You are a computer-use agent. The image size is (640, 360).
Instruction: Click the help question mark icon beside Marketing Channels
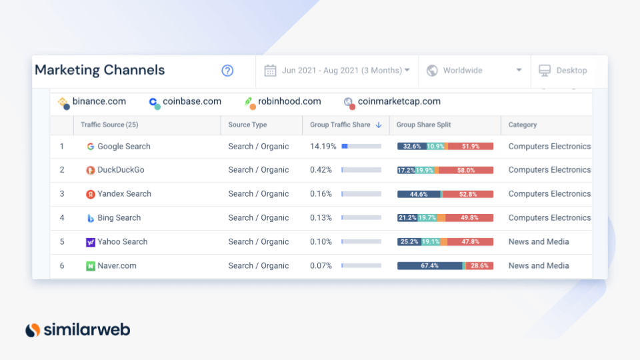pyautogui.click(x=227, y=71)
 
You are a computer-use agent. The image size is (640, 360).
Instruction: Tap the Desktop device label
pyautogui.click(x=571, y=71)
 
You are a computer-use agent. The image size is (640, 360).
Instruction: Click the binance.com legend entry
pyautogui.click(x=99, y=102)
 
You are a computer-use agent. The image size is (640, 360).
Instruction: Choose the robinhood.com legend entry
pyautogui.click(x=289, y=102)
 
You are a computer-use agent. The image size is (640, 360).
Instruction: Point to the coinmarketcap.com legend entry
pyautogui.click(x=399, y=102)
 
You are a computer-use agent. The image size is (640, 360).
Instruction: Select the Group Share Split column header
pyautogui.click(x=423, y=125)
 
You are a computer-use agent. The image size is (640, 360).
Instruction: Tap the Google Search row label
pyautogui.click(x=123, y=147)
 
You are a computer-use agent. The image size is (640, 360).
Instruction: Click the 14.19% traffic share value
pyautogui.click(x=323, y=147)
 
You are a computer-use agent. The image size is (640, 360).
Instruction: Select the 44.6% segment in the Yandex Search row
pyautogui.click(x=419, y=194)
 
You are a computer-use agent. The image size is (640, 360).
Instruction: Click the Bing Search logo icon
pyautogui.click(x=91, y=218)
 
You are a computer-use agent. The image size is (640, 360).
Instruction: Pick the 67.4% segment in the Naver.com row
pyautogui.click(x=429, y=265)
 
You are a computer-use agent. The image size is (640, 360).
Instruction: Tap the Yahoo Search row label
pyautogui.click(x=122, y=242)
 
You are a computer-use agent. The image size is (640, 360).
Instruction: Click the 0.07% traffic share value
pyautogui.click(x=321, y=265)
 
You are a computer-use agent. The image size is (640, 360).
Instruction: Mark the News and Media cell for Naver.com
pyautogui.click(x=539, y=265)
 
